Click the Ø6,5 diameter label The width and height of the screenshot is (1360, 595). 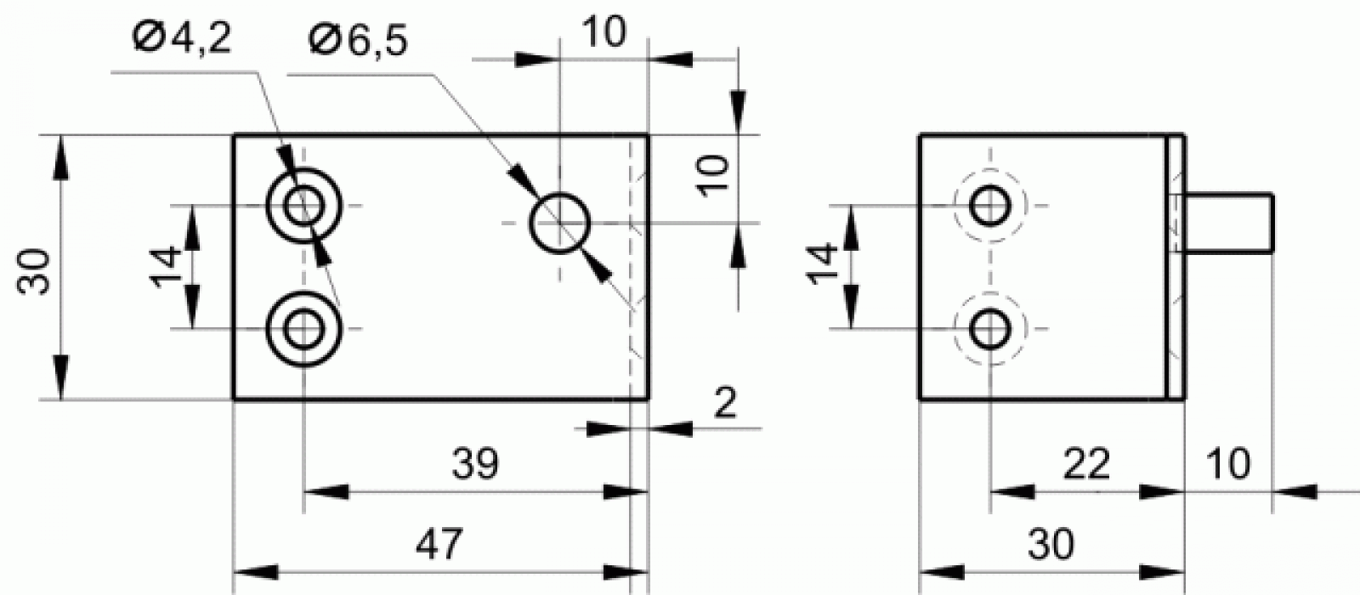tap(358, 42)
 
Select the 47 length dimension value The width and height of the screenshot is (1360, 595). tap(439, 543)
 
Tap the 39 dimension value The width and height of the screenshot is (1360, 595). tap(475, 463)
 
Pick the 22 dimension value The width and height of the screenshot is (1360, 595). tap(1087, 463)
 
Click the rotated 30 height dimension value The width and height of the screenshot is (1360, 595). tap(34, 271)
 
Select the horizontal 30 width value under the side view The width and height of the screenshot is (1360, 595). tap(1051, 544)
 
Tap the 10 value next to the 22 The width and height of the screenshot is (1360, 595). tap(1228, 463)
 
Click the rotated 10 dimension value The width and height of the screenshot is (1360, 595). tap(713, 176)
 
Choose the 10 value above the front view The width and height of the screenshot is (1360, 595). tap(604, 31)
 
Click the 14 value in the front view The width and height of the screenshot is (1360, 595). tap(166, 267)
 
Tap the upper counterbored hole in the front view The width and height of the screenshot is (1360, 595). tap(304, 169)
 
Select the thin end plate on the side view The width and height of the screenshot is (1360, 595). tap(1176, 267)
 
